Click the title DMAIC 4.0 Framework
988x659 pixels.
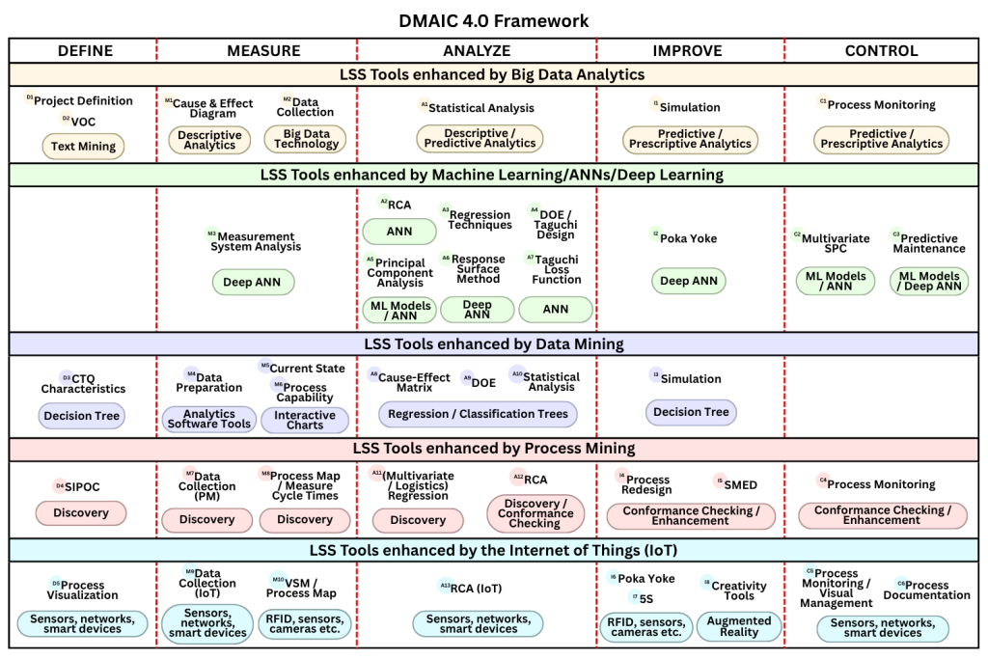(x=493, y=20)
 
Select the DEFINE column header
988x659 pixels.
(x=85, y=50)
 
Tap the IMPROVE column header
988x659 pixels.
(x=688, y=50)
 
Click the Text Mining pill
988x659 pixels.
(x=84, y=147)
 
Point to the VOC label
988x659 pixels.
(x=83, y=122)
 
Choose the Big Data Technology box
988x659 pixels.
(x=306, y=139)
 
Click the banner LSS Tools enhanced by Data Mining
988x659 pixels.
(x=493, y=343)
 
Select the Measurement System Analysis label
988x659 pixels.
(x=256, y=241)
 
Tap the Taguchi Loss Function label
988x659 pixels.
(x=557, y=269)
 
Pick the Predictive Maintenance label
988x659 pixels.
(x=928, y=243)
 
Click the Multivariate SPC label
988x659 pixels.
(x=836, y=243)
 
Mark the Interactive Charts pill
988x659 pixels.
(x=305, y=420)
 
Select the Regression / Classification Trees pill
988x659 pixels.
(x=479, y=414)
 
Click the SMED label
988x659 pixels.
(x=740, y=482)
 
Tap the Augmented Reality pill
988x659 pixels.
(x=739, y=626)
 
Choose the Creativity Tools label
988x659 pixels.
(x=739, y=590)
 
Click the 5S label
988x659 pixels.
(x=646, y=598)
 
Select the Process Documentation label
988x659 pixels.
(x=926, y=590)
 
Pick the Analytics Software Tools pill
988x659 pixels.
(x=209, y=420)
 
